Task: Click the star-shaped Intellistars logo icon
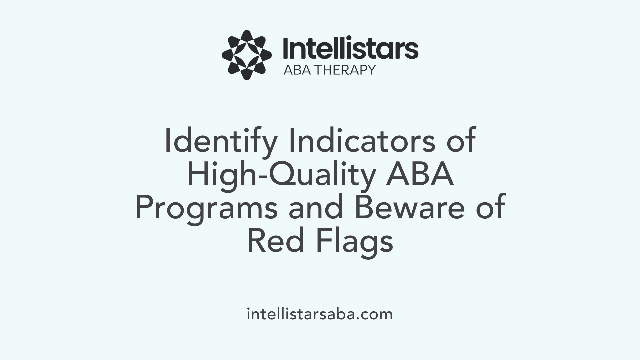pos(247,55)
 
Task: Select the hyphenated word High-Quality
pos(280,176)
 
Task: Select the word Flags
pos(355,243)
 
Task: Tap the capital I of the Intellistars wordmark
pos(286,49)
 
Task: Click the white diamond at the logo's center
pos(247,55)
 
